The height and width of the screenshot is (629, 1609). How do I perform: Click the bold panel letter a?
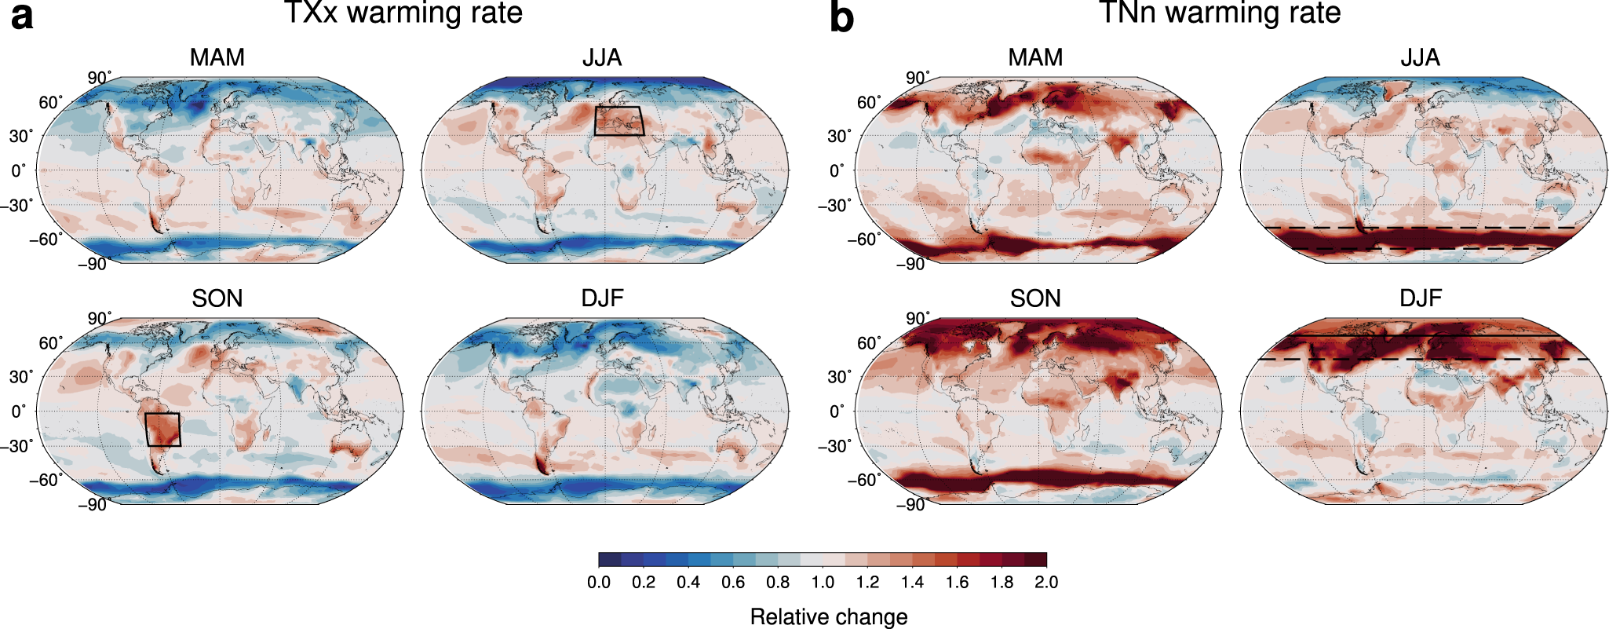22,16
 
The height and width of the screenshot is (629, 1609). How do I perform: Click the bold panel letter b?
841,16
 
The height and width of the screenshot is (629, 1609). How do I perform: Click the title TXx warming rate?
403,13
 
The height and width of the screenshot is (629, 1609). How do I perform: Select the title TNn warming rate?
1220,13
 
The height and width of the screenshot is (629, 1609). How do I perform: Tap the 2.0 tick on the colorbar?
1046,583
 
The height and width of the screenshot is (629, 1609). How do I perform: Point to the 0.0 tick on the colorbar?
599,583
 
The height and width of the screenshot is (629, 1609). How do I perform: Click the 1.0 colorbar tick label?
823,583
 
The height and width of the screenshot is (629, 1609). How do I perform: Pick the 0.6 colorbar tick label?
733,583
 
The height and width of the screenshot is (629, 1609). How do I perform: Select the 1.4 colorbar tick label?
912,583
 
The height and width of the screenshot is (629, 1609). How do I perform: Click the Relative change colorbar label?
829,617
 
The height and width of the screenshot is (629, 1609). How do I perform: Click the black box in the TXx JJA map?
618,121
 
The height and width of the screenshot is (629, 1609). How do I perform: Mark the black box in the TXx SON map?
163,430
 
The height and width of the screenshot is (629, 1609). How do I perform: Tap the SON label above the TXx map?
217,298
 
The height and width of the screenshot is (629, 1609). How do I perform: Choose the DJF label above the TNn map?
1421,298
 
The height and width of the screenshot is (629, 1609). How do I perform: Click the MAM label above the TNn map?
1035,57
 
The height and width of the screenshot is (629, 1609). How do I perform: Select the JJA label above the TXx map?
602,57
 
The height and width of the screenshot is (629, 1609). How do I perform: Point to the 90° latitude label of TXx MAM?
99,78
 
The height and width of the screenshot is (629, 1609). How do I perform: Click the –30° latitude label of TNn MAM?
834,206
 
